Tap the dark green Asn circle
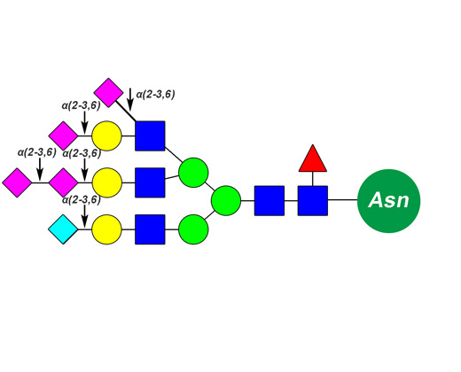coord(388,201)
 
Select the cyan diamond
coord(63,229)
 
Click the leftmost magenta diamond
coord(17,182)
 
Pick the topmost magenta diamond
coord(108,93)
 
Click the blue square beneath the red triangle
coord(313,201)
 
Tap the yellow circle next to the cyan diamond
coord(106,229)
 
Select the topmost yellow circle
coord(106,136)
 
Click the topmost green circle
coord(193,173)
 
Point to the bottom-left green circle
coord(193,229)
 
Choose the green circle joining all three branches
coord(226,200)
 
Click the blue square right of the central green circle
coord(270,201)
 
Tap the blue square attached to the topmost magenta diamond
coord(150,136)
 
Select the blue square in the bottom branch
coord(150,229)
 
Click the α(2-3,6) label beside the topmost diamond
coord(155,95)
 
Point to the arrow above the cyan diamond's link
coord(85,216)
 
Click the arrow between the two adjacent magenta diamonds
coord(40,169)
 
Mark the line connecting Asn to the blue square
coord(342,200)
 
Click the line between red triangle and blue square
coord(313,179)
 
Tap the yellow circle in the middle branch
coord(107,182)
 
